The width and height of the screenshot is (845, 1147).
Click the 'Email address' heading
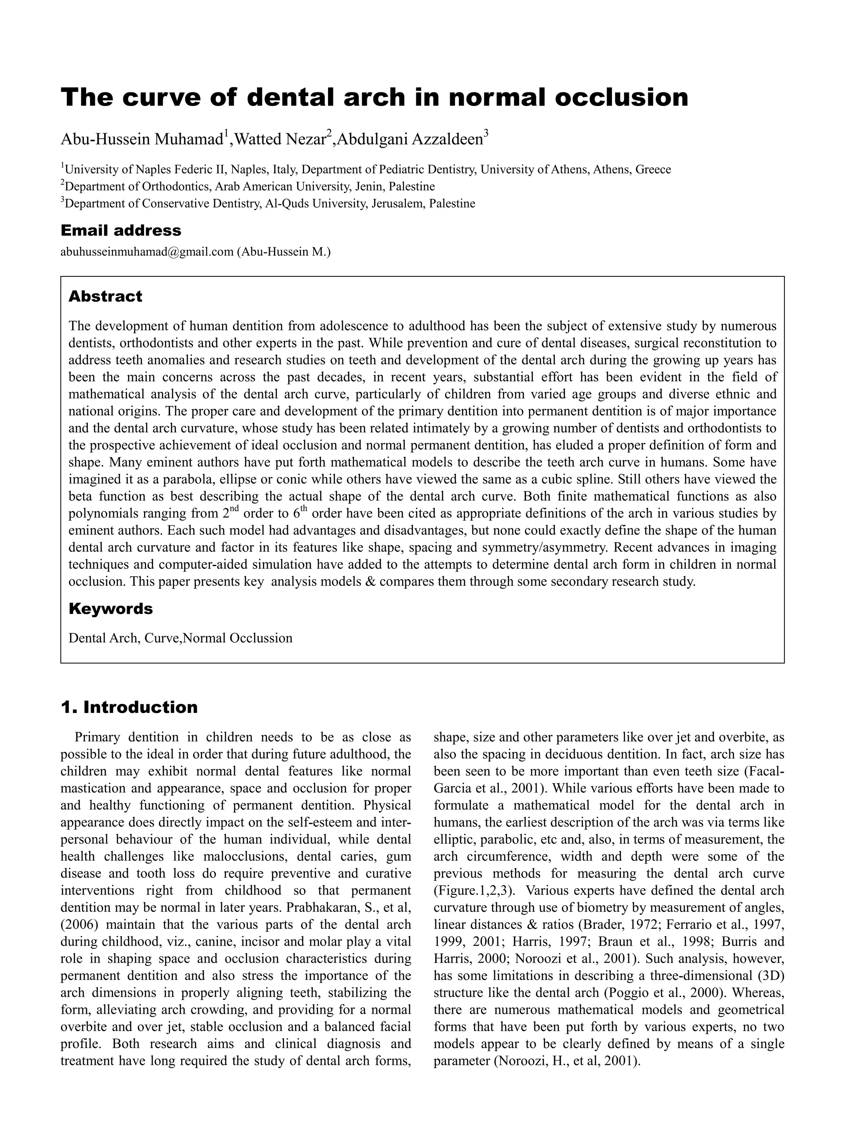[121, 231]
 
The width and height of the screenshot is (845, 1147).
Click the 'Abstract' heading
[105, 297]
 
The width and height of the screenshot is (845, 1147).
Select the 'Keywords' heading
[111, 609]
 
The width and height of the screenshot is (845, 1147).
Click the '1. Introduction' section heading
[129, 707]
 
